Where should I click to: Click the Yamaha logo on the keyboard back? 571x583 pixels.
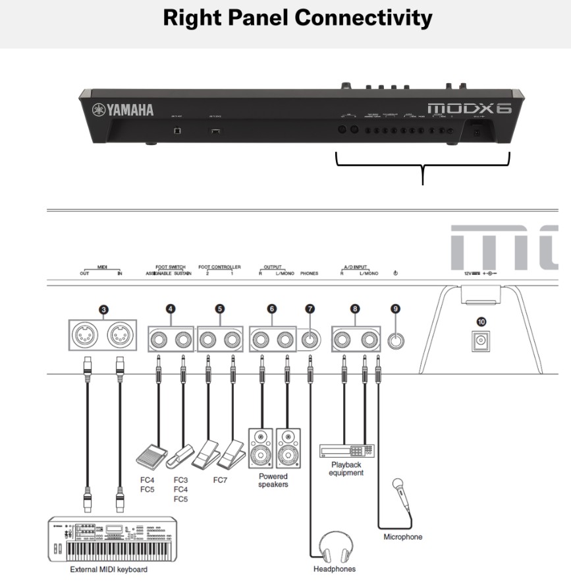(123, 109)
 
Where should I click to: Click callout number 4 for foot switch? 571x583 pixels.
(171, 307)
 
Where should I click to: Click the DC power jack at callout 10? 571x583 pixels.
(481, 342)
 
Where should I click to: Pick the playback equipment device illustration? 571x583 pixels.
(346, 450)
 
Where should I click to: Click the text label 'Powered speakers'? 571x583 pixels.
(273, 480)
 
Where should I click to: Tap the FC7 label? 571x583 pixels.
(221, 480)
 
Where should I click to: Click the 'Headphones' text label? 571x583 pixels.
(335, 568)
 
